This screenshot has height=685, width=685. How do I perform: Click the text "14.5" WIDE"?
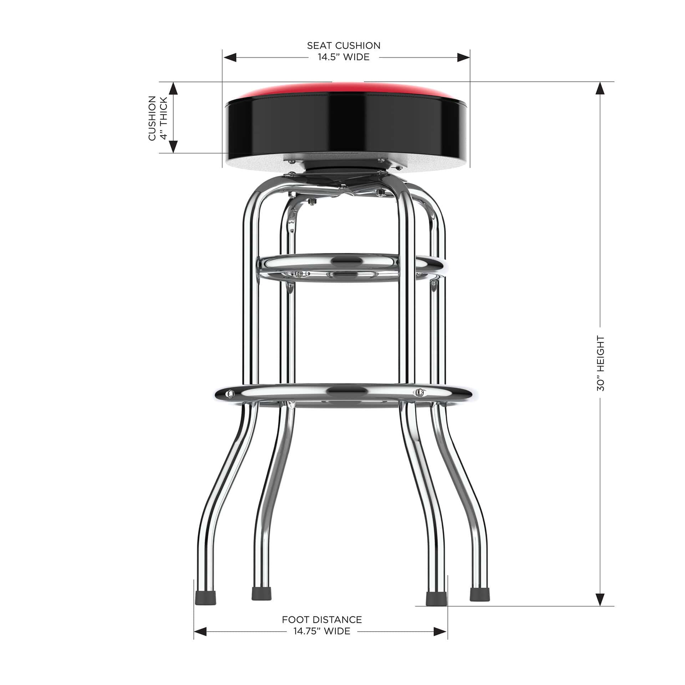pyautogui.click(x=344, y=57)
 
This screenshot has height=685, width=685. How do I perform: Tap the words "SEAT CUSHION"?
pyautogui.click(x=344, y=46)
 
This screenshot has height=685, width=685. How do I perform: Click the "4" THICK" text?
pyautogui.click(x=164, y=118)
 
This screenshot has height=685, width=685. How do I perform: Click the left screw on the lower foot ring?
pyautogui.click(x=231, y=394)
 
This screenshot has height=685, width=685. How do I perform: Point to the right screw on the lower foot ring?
pyautogui.click(x=420, y=392)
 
